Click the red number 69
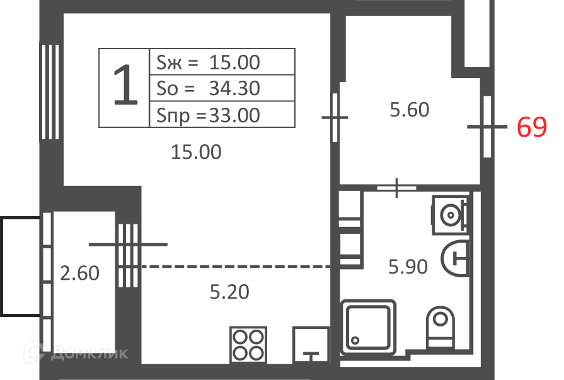point(532,127)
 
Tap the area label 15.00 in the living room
point(196,152)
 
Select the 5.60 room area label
point(410,110)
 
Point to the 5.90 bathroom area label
point(408,267)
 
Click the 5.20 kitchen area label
point(229,292)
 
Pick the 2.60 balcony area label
point(79,273)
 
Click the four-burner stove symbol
point(248,345)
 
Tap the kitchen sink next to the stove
point(311,345)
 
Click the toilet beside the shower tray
point(440,327)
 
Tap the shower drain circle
point(355,340)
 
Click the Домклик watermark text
point(89,354)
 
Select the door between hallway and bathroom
point(396,188)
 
